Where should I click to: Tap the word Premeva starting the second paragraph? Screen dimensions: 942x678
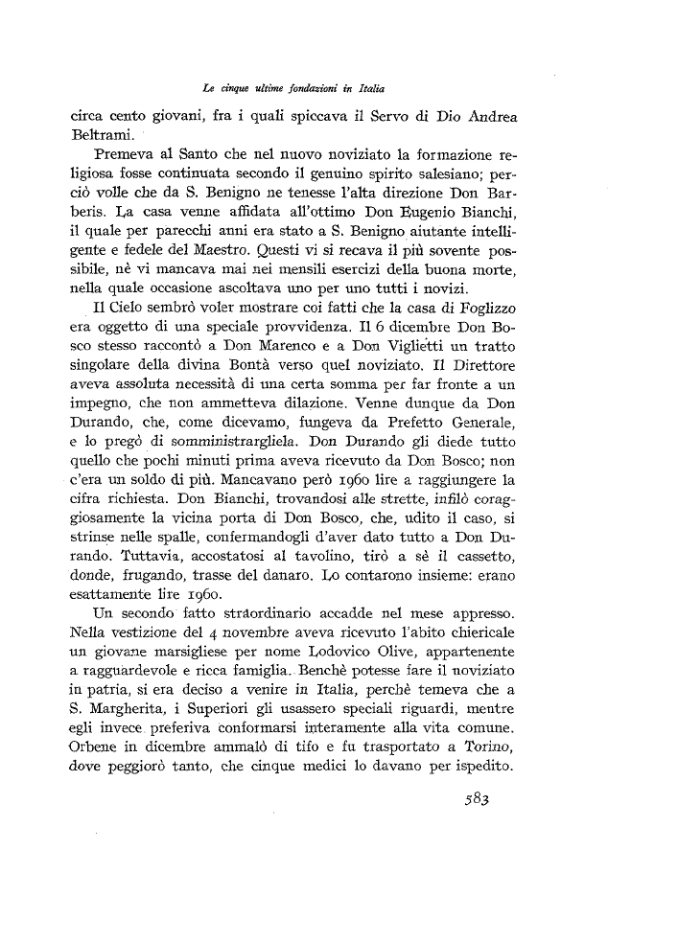pos(129,157)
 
